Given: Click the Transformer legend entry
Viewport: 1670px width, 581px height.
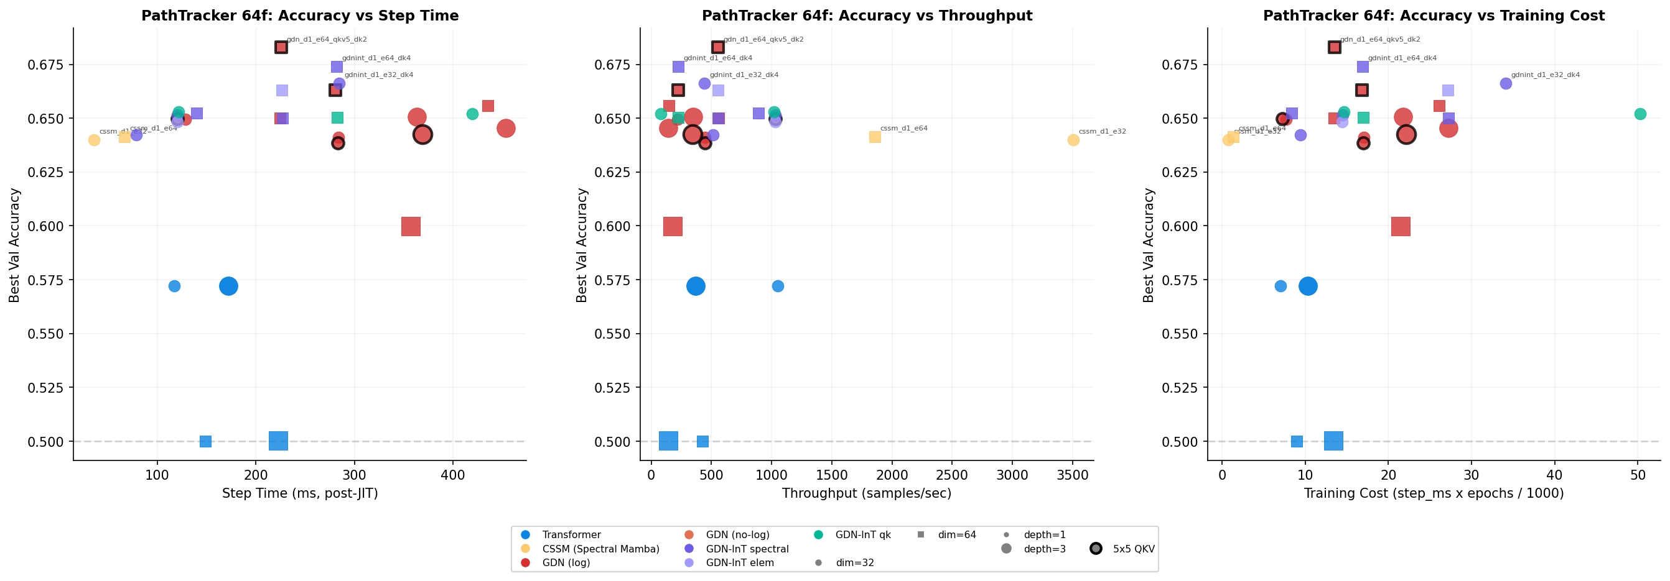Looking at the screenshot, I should (x=571, y=535).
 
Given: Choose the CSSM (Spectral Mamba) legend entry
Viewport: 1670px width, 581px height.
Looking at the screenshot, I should (x=600, y=549).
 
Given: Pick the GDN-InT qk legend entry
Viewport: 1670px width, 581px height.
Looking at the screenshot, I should (x=862, y=535).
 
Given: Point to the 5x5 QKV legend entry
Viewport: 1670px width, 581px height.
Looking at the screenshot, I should (x=1133, y=549).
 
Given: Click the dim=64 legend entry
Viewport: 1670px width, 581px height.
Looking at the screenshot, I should (x=956, y=535).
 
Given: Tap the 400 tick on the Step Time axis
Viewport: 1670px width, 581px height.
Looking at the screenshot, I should (x=452, y=475).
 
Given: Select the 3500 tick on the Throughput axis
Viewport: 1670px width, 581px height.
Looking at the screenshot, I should (x=1072, y=475).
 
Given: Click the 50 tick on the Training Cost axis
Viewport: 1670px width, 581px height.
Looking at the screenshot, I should (x=1638, y=475).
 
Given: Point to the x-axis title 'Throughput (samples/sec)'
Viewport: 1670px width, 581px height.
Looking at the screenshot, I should (x=866, y=493).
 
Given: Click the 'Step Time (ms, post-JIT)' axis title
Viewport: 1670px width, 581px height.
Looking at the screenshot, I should (x=299, y=493).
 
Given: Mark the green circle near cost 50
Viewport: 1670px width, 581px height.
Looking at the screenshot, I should (x=1640, y=114).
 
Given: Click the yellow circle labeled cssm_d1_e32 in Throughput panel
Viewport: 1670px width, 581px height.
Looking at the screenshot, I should (x=1073, y=140).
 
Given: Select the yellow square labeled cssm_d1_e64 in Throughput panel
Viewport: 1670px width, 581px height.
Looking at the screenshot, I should (x=875, y=137).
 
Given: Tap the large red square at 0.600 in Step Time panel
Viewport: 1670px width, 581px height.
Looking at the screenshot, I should (x=411, y=227).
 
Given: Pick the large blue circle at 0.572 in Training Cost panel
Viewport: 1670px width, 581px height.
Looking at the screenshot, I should (x=1308, y=286).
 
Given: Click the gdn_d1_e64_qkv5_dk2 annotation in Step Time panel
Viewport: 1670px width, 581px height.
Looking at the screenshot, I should (x=327, y=40).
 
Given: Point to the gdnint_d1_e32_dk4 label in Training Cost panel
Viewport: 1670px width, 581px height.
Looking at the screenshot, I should (x=1546, y=75).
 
